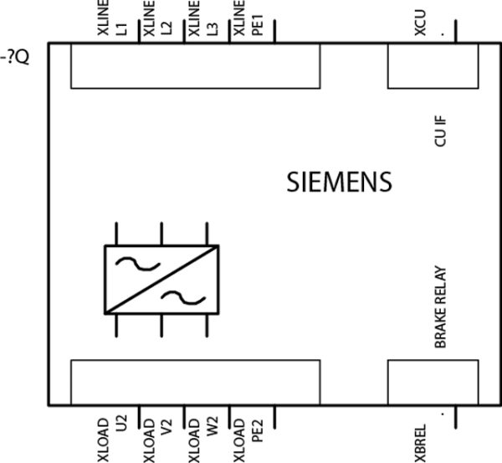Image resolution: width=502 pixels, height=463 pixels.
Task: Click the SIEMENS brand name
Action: point(339,182)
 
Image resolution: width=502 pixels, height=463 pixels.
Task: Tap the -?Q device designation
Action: point(15,58)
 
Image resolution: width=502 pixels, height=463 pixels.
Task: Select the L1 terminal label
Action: point(122,28)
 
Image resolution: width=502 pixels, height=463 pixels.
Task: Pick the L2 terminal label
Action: point(167,28)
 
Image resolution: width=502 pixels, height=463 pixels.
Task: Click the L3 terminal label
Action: point(213,28)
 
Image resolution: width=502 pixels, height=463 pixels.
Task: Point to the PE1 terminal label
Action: point(258,24)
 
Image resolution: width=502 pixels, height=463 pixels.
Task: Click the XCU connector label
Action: point(420,23)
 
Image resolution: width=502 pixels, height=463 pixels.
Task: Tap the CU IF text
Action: point(440,131)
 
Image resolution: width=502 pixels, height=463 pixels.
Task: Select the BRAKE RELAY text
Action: point(440,307)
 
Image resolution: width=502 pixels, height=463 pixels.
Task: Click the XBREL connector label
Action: point(420,443)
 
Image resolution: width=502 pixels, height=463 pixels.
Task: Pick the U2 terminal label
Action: point(122,423)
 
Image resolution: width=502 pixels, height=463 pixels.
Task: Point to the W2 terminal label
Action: point(213,424)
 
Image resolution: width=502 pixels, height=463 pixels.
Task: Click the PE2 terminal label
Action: point(258,431)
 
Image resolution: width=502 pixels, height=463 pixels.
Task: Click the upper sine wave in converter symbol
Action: point(138,264)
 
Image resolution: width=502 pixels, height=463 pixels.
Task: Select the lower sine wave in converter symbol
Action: point(183,298)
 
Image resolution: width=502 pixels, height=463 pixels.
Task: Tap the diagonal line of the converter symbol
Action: point(161,280)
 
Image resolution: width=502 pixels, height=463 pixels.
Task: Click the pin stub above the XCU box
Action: point(456,31)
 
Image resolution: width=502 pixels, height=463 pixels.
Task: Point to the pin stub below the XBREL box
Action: point(456,417)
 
